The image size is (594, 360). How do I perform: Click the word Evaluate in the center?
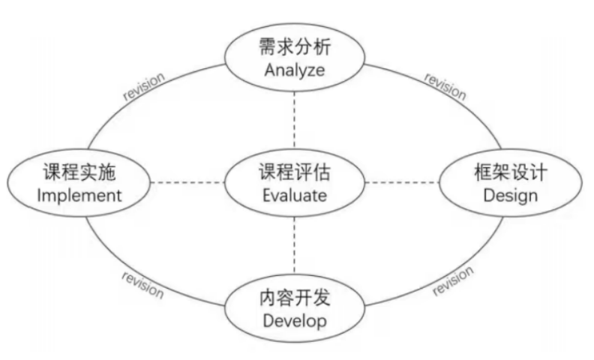(x=293, y=196)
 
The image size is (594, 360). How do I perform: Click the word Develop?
(x=293, y=321)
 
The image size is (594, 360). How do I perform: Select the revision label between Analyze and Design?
(x=445, y=86)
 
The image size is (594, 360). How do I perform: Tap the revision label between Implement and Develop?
(x=142, y=283)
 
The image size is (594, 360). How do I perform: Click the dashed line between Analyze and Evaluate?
(x=293, y=120)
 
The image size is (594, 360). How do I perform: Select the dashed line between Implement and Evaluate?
(x=187, y=183)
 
